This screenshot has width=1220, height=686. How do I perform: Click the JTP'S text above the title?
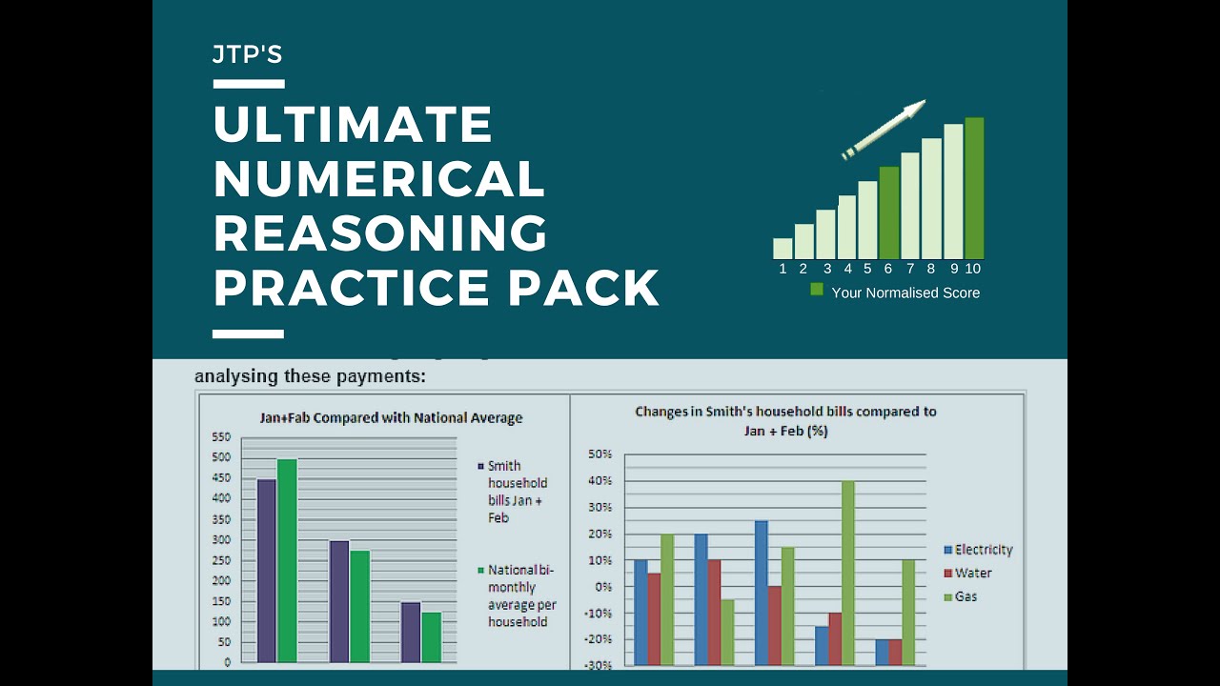(248, 55)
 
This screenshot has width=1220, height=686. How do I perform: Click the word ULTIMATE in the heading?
(353, 125)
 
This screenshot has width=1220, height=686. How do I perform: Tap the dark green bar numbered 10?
(973, 188)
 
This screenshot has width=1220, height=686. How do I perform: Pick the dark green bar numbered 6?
(888, 212)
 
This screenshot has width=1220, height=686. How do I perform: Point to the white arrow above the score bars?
(884, 129)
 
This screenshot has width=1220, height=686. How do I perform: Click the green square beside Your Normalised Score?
(817, 290)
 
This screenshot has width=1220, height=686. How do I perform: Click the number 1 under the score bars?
(783, 269)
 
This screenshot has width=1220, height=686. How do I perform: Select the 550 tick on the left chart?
(221, 436)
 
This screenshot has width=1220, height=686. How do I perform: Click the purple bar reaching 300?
(339, 601)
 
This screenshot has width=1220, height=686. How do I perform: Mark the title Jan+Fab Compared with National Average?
(392, 417)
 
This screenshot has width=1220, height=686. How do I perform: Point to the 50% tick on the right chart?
(599, 454)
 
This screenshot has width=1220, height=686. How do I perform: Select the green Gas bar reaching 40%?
(847, 573)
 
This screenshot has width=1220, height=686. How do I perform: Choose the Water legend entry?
(972, 574)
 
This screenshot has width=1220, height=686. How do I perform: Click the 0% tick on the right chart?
(602, 587)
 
